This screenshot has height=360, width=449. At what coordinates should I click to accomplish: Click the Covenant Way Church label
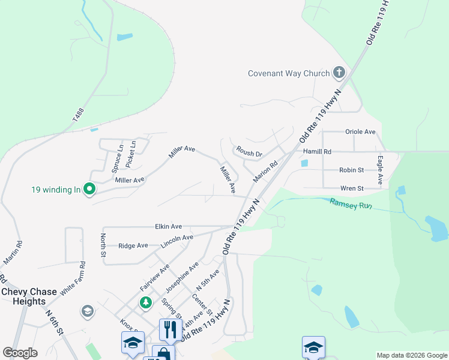[x=289, y=74]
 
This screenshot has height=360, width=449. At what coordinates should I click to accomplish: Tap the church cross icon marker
[x=339, y=73]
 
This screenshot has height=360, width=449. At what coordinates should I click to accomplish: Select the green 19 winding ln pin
[x=90, y=190]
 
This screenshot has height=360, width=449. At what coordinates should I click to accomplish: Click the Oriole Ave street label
[x=360, y=132]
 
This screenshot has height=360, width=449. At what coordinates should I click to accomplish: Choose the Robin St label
[x=351, y=170]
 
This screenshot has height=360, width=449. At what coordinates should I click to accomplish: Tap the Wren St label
[x=352, y=188]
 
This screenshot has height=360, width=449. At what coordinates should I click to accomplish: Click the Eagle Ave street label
[x=380, y=170]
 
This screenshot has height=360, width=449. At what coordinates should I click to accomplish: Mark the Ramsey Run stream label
[x=351, y=204]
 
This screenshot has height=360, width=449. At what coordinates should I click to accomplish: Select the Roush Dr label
[x=249, y=152]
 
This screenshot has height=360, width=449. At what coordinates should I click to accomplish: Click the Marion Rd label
[x=265, y=172]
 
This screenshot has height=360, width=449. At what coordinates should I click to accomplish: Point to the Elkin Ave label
[x=167, y=227]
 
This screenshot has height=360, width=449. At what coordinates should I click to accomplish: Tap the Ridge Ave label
[x=133, y=245]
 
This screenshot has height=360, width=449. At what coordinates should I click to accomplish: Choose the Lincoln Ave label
[x=176, y=242]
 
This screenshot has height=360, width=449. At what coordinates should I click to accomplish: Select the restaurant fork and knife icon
[x=170, y=329]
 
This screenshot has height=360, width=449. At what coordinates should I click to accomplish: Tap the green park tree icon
[x=145, y=302]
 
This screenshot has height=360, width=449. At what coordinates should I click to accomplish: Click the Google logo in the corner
[x=20, y=353]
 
